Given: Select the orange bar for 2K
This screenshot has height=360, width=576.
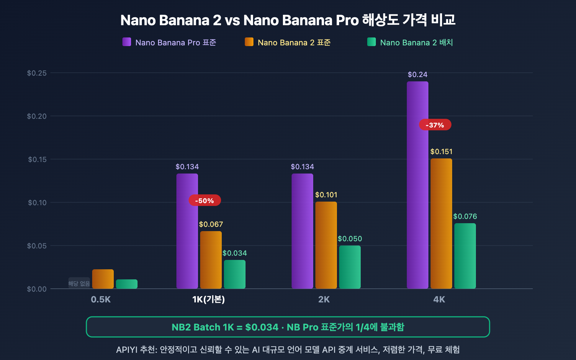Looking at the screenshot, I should (x=326, y=245).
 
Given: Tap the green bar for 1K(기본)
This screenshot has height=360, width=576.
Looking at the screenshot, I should (x=235, y=274).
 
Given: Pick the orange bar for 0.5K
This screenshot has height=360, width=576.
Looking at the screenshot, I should (x=103, y=279).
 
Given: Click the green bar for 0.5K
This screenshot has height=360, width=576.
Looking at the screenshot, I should (x=127, y=284).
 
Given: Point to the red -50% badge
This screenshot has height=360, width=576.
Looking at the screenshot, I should (x=204, y=201).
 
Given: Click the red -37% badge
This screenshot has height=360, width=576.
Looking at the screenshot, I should (x=435, y=125).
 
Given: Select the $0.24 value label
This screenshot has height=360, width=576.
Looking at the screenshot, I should (x=418, y=75).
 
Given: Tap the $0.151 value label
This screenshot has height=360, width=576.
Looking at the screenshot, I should (x=441, y=152).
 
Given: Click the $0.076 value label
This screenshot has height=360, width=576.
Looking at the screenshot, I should (x=465, y=216).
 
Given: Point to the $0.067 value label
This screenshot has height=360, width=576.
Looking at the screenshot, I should (x=211, y=224).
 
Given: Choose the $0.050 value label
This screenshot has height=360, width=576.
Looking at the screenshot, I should (x=350, y=239).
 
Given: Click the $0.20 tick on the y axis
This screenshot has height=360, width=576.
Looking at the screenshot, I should (x=37, y=116).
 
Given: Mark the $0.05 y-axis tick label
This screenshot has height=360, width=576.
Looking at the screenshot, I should (x=37, y=246).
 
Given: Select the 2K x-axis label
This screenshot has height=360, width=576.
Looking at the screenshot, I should (x=324, y=300).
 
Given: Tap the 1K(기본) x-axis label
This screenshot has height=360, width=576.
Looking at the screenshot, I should (x=208, y=300).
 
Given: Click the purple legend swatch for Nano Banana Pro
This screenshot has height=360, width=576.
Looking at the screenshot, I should (x=127, y=42).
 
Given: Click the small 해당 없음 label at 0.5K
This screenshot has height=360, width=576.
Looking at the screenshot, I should (x=79, y=284).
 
